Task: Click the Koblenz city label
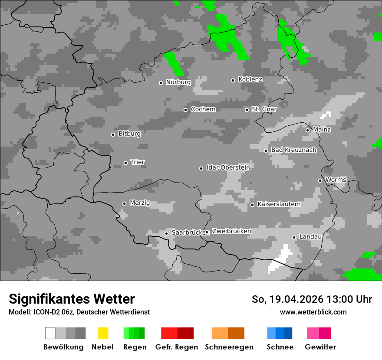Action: (x=250, y=80)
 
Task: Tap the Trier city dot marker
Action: (x=125, y=163)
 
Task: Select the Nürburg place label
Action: (x=178, y=82)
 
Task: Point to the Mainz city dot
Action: (x=307, y=130)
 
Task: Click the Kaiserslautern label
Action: (x=279, y=204)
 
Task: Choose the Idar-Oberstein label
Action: (x=228, y=167)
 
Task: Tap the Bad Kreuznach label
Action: (x=293, y=150)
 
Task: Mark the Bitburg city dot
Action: (x=113, y=134)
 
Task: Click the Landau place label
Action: (x=310, y=237)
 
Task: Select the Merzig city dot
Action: (x=124, y=203)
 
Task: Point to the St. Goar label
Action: (x=264, y=109)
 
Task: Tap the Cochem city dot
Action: (x=185, y=110)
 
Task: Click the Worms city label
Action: (x=336, y=180)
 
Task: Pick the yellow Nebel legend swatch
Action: (x=103, y=333)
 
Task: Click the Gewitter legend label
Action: (x=320, y=347)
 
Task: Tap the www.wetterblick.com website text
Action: (x=313, y=312)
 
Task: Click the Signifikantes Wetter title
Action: (x=72, y=299)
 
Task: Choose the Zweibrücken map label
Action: (x=231, y=232)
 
